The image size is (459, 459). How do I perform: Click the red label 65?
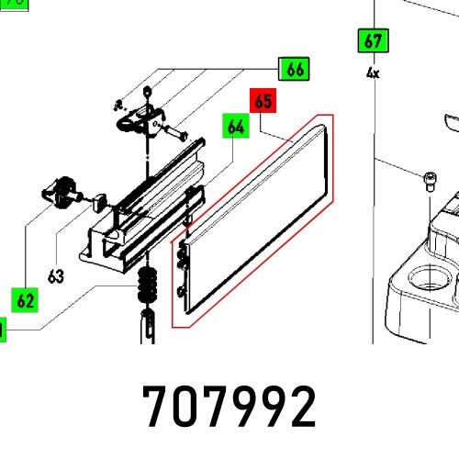[263, 102]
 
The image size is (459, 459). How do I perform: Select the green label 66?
[294, 69]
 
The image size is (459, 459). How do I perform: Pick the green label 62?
[25, 298]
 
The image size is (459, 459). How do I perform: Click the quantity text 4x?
[372, 72]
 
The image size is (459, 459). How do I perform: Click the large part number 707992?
[229, 405]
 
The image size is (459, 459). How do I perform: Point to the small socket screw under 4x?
[428, 181]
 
